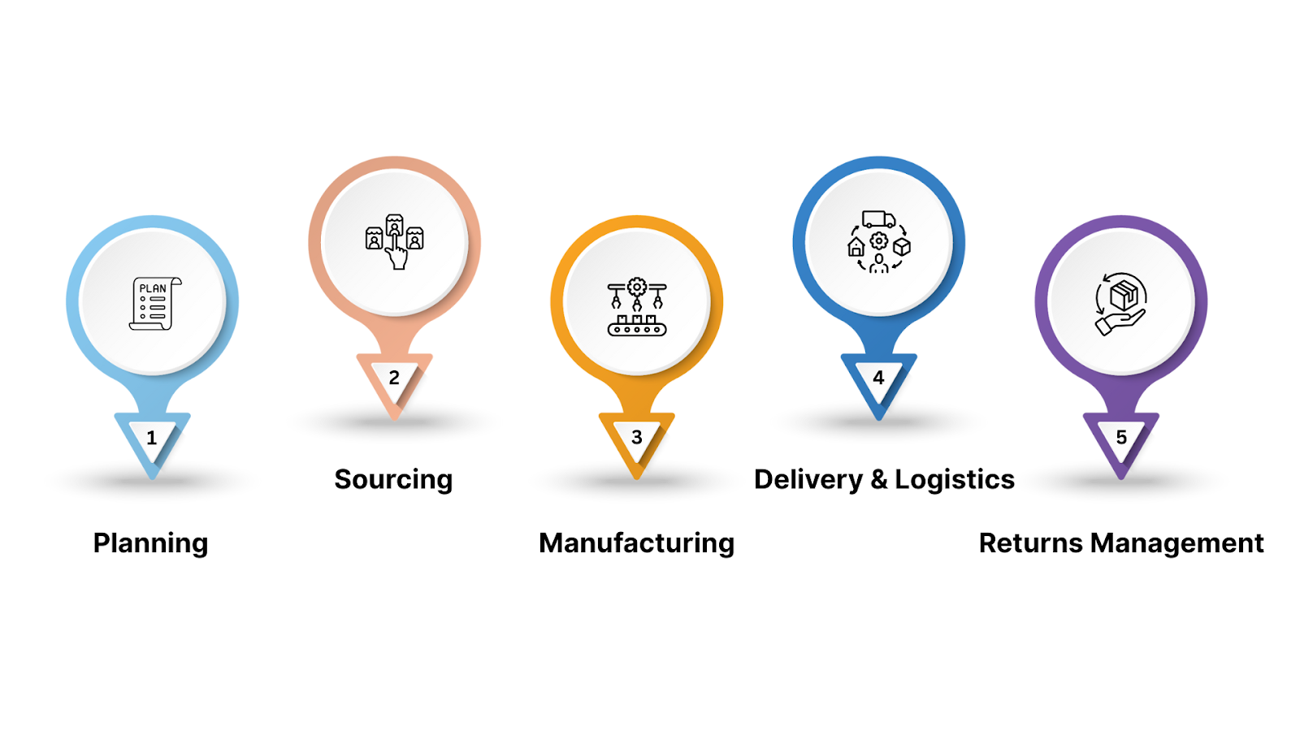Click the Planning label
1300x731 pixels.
tap(150, 543)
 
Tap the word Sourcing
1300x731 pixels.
tap(393, 480)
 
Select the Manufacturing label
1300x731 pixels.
tap(636, 543)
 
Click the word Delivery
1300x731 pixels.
tap(808, 480)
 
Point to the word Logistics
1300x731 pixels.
tap(955, 480)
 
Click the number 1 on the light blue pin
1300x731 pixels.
tap(152, 439)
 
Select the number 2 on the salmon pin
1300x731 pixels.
tap(394, 378)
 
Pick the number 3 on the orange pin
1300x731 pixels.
tap(637, 439)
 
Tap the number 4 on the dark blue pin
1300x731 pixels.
tap(878, 378)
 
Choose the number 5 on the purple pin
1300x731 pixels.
tap(1121, 439)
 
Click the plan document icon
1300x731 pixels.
tap(154, 304)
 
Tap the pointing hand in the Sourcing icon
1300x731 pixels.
tap(396, 255)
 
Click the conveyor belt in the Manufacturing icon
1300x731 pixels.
tap(637, 328)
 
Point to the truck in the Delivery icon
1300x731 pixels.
tap(878, 219)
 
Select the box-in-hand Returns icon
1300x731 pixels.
tap(1121, 304)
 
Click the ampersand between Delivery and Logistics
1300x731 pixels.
tap(879, 480)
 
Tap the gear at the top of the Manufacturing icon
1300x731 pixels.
tap(637, 287)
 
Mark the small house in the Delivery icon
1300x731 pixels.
tap(856, 247)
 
